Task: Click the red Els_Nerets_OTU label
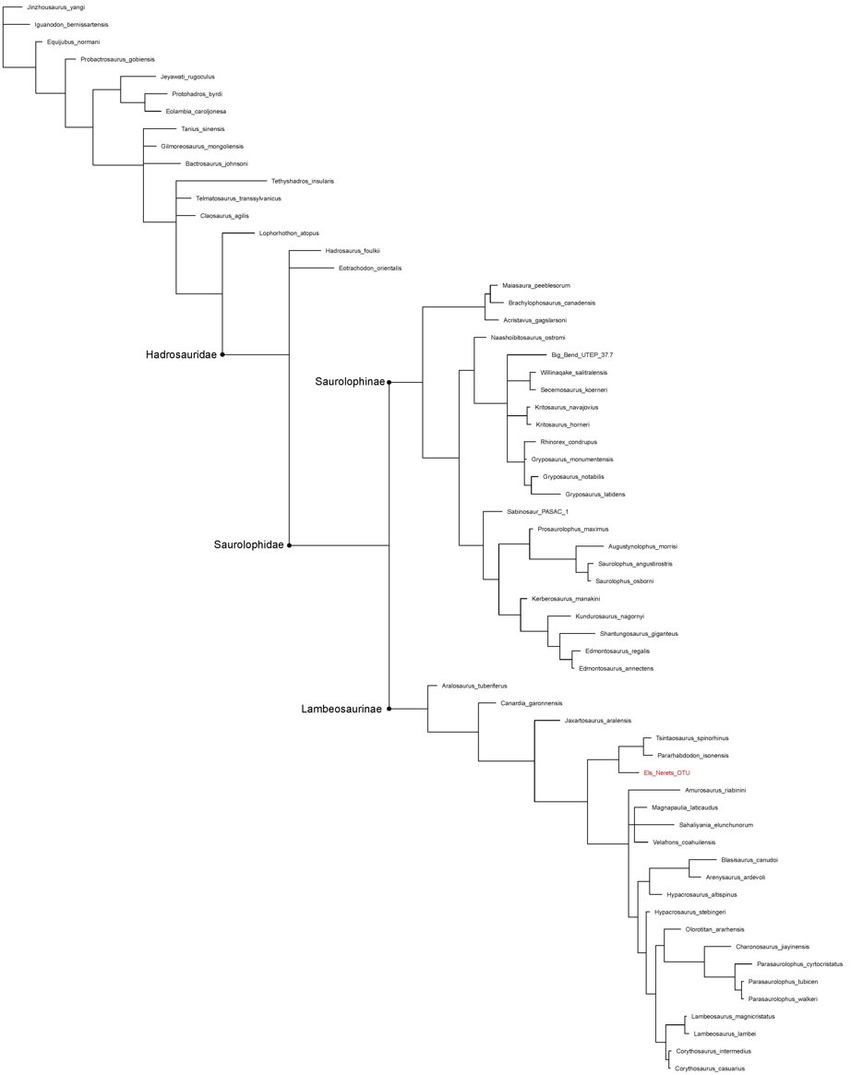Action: click(666, 772)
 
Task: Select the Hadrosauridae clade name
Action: click(181, 354)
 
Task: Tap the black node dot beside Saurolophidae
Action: click(290, 545)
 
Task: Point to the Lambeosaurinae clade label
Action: click(342, 709)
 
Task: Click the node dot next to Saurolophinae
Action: click(389, 382)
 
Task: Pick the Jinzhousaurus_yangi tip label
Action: click(55, 7)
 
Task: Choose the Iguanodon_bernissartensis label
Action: click(71, 25)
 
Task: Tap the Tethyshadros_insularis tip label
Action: click(303, 181)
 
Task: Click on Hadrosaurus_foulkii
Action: click(353, 251)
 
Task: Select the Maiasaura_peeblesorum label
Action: click(535, 285)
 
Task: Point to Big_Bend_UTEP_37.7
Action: click(582, 355)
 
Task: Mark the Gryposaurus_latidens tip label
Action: click(594, 495)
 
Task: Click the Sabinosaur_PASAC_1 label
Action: click(537, 511)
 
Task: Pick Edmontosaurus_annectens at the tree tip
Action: click(616, 668)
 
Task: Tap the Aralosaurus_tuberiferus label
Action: click(474, 686)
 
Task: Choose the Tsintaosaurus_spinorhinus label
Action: click(692, 738)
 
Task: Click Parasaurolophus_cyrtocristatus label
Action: click(799, 964)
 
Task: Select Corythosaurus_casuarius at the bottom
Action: click(710, 1069)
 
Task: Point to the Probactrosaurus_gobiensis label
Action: click(117, 60)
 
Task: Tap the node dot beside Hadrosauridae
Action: click(222, 354)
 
